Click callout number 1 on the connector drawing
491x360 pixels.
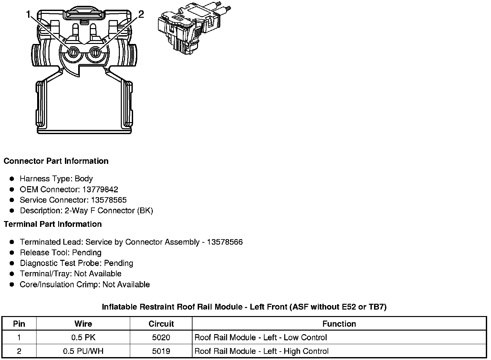(x=28, y=14)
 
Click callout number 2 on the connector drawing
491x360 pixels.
(x=141, y=14)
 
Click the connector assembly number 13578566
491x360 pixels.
(x=225, y=242)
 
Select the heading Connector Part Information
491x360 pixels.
(x=56, y=161)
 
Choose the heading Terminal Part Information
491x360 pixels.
(x=53, y=224)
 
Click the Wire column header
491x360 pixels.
(x=83, y=324)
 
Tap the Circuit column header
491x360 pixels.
(x=161, y=324)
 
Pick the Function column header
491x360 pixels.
(x=339, y=324)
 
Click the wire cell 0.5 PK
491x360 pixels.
(x=83, y=338)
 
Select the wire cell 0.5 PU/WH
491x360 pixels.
(x=83, y=351)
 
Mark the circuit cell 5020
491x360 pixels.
(x=161, y=338)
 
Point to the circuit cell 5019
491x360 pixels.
(x=161, y=351)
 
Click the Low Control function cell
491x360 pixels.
(x=261, y=338)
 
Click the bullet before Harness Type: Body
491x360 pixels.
(x=12, y=179)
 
